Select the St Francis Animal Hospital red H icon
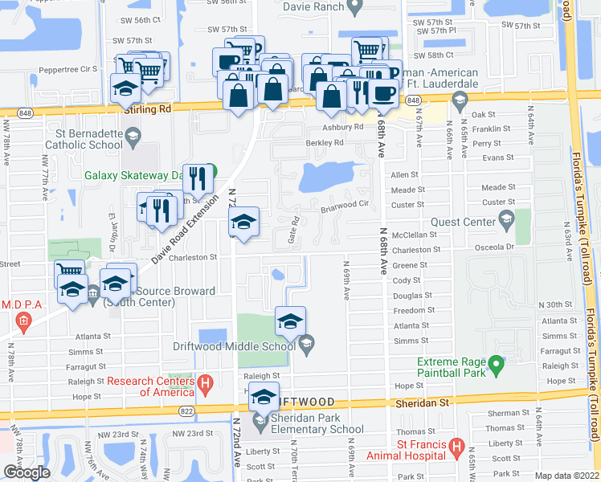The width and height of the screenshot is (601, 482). click(x=457, y=444)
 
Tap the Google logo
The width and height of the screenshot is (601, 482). click(x=27, y=472)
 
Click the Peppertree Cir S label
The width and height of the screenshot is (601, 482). click(x=67, y=69)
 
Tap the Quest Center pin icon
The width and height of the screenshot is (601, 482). click(x=507, y=219)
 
